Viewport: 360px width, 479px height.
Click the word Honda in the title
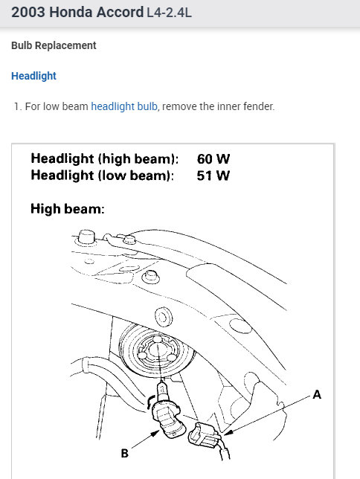71,13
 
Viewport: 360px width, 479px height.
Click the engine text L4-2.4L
169,13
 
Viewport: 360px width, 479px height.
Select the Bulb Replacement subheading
54,45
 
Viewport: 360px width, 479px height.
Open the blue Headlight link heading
33,76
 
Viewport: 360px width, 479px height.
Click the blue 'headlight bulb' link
124,106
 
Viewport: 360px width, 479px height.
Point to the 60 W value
213,159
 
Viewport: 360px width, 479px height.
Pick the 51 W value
213,176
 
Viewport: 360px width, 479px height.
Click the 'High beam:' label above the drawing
67,209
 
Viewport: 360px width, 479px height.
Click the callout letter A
317,394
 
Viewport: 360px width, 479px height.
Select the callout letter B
124,453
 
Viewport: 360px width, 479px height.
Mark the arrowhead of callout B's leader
156,432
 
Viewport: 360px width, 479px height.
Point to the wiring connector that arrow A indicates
204,434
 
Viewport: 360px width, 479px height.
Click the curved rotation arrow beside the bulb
150,402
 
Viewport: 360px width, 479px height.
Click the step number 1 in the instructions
16,106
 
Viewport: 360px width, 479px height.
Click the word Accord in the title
120,13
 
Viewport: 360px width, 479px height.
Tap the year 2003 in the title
28,13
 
